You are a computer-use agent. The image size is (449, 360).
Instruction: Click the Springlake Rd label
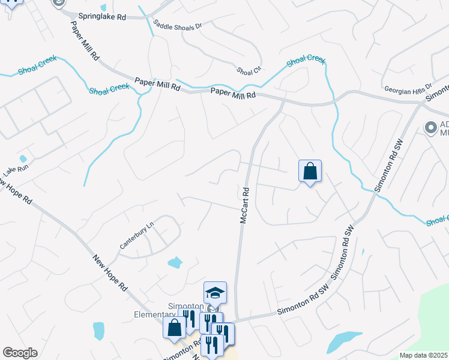click(102, 17)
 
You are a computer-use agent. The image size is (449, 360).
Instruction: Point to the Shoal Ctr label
click(249, 71)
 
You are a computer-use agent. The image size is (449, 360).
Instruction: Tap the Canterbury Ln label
click(136, 235)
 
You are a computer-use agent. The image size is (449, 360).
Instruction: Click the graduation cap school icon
click(215, 293)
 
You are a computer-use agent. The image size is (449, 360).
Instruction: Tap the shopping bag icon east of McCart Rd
click(310, 171)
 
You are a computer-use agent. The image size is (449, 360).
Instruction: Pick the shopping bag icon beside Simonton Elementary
click(175, 328)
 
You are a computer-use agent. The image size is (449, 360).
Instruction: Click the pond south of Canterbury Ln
click(175, 262)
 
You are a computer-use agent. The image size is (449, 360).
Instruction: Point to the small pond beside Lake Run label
click(23, 159)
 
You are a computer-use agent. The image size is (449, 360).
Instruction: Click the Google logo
click(20, 352)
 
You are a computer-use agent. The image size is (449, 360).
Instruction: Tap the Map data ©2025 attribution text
click(423, 355)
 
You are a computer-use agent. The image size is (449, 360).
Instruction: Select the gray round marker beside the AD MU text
click(430, 127)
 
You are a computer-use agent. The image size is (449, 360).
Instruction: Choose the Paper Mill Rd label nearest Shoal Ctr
click(234, 94)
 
